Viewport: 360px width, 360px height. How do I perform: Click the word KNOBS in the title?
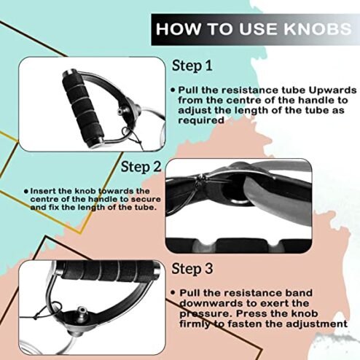318,29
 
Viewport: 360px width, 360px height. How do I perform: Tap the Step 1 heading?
192,66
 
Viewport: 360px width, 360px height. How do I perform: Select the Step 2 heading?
141,167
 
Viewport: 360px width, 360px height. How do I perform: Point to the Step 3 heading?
192,268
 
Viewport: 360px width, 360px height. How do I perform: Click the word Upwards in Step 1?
332,90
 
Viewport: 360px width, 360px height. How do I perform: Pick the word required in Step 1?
201,120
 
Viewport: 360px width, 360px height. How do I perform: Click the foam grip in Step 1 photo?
82,108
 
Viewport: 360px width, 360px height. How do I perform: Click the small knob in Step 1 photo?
120,111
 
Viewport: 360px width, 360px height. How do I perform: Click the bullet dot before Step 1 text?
173,90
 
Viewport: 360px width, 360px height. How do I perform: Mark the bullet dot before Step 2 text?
26,192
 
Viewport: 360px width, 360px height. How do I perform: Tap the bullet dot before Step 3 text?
173,293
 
